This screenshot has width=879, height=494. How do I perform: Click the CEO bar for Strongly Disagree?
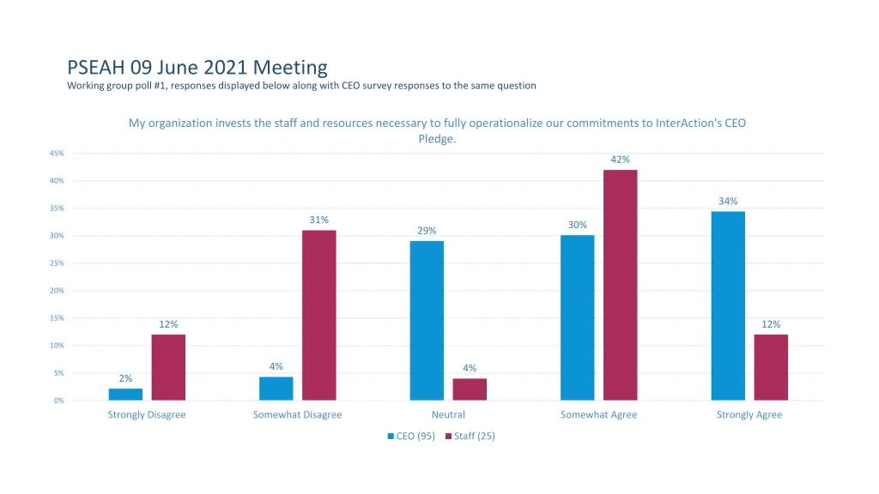click(x=125, y=395)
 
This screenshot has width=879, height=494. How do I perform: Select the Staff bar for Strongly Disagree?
click(x=168, y=367)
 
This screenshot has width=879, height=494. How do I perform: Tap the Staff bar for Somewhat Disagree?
click(x=318, y=315)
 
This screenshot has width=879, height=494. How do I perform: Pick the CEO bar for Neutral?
click(x=427, y=320)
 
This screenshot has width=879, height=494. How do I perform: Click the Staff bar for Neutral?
click(x=470, y=389)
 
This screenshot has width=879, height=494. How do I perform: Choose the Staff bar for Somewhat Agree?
click(x=620, y=285)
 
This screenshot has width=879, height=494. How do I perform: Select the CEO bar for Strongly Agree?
click(x=728, y=305)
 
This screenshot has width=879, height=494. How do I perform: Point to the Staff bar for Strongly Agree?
click(x=771, y=367)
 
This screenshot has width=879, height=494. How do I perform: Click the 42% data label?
click(x=620, y=160)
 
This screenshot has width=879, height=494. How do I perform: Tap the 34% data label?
click(x=728, y=201)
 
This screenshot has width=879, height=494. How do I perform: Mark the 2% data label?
click(x=125, y=378)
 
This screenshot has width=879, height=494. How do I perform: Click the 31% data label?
click(x=318, y=220)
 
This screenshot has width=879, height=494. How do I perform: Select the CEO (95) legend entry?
click(x=411, y=436)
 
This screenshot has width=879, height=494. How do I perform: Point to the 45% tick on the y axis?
click(x=57, y=154)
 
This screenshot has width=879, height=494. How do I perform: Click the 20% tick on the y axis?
click(x=57, y=291)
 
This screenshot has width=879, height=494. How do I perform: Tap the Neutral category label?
click(x=448, y=415)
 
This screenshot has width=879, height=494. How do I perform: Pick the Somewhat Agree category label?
click(x=598, y=415)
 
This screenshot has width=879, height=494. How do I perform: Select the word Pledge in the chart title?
click(x=434, y=138)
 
